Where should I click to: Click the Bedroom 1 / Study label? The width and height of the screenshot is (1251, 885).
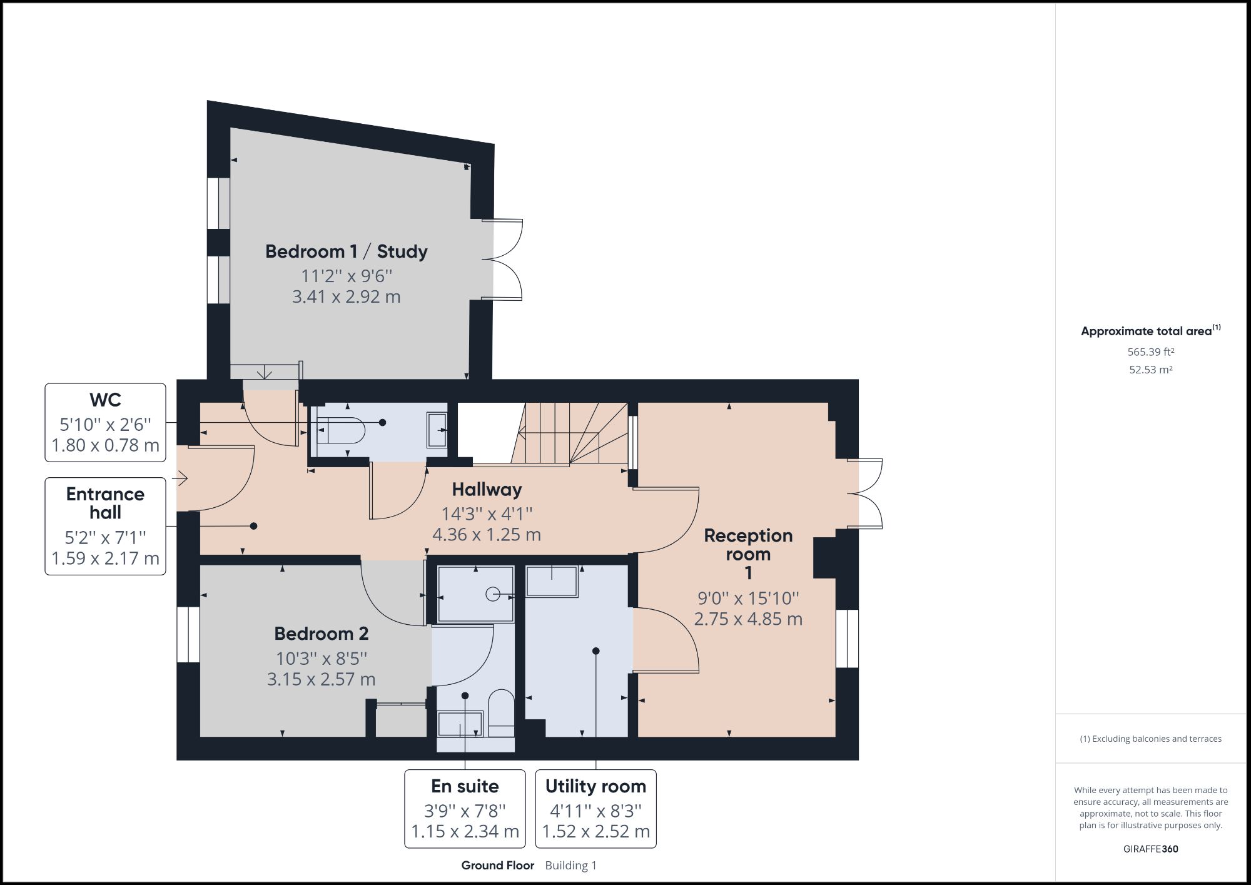(346, 251)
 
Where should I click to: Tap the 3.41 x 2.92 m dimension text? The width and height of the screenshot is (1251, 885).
(346, 296)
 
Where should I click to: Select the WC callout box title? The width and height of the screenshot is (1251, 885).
(105, 400)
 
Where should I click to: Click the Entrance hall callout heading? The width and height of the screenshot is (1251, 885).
(105, 503)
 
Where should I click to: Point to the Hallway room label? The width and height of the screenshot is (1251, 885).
(487, 489)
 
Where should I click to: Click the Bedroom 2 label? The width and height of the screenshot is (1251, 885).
(321, 634)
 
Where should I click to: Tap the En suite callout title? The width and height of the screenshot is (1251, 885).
(465, 786)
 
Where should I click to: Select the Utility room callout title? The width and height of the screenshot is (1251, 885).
(595, 786)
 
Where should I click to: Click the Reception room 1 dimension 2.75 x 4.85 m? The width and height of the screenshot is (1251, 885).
(748, 619)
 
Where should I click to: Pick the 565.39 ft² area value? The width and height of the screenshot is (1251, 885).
(1150, 351)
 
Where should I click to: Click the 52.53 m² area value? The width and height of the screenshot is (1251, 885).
(1150, 370)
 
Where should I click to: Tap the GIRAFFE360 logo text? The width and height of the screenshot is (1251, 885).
(1150, 849)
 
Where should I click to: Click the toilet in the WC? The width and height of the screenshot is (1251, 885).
(342, 430)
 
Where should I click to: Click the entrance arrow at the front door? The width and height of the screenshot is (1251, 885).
(182, 479)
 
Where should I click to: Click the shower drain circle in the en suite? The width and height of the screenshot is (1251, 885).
(493, 594)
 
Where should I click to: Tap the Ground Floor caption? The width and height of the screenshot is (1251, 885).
(497, 866)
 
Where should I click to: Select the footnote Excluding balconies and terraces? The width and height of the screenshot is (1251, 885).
(1150, 739)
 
